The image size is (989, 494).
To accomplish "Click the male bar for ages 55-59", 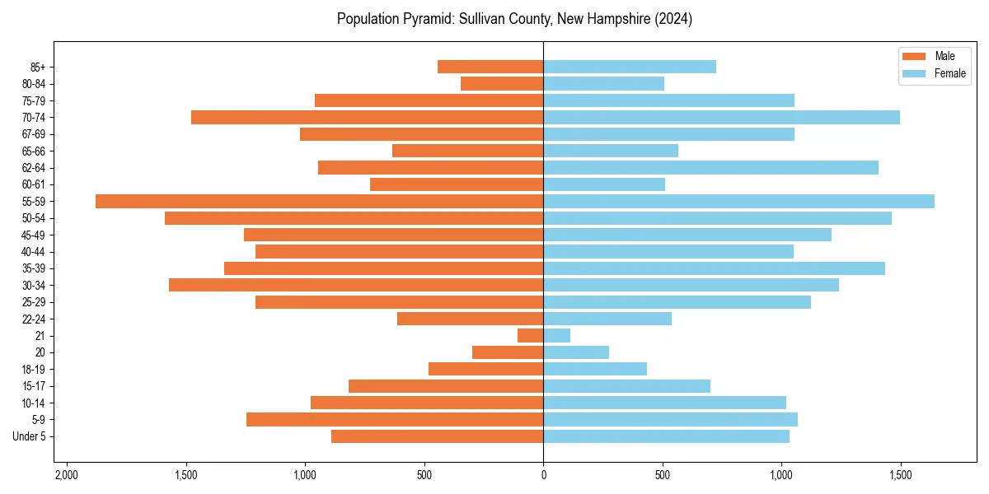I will [x=319, y=202].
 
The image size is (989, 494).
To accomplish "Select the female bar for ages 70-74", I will [x=721, y=118].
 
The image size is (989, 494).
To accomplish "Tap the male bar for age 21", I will [x=530, y=336].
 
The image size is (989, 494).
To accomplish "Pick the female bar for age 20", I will [x=576, y=352].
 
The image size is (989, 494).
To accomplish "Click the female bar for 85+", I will [x=630, y=67].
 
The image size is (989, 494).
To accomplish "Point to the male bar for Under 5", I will [x=437, y=436].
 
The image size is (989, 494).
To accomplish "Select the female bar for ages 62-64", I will [x=710, y=168].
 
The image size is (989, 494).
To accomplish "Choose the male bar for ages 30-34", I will [x=356, y=285].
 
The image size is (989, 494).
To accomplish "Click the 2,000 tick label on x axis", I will [x=66, y=475].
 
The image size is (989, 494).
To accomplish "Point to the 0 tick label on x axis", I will [x=543, y=475].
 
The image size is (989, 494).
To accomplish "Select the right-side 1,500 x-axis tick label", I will [x=900, y=475].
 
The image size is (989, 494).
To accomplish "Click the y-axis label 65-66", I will [x=34, y=151].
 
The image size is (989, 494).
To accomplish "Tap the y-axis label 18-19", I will [x=34, y=370].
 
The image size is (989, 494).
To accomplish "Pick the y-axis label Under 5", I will [x=30, y=436].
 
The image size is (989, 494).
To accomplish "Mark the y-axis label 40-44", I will [x=34, y=252].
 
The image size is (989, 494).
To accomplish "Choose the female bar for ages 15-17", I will [x=626, y=386].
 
